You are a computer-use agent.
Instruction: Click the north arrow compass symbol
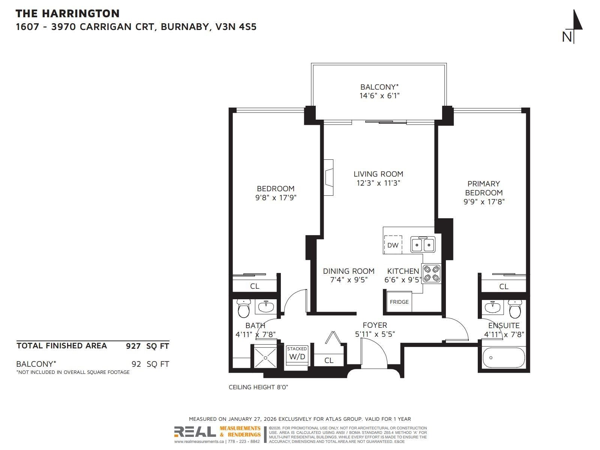pos(573,27)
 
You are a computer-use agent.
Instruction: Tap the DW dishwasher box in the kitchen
pos(393,245)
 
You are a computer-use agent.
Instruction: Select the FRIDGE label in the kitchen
pos(399,302)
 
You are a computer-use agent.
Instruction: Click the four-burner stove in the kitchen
pos(432,274)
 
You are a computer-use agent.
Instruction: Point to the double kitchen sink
pos(423,244)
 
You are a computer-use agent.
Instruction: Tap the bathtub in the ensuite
pos(504,358)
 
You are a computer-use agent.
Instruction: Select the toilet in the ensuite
pos(515,309)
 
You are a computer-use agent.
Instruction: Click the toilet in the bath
pos(243,309)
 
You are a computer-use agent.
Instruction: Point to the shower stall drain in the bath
pos(265,358)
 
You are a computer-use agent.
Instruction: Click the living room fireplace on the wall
pos(328,178)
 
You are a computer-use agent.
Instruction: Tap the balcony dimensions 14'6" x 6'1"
pos(379,96)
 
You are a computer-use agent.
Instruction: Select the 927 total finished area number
pos(133,346)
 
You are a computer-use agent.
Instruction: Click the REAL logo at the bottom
pos(195,432)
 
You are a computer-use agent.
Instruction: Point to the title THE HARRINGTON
pos(67,13)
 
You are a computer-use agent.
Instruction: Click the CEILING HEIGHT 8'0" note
pos(258,387)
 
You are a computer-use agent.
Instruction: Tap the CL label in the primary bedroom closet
pos(504,286)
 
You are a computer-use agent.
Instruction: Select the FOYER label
pos(375,325)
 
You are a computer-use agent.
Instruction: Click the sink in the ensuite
pos(493,307)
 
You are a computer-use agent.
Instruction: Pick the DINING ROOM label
pos(348,271)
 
